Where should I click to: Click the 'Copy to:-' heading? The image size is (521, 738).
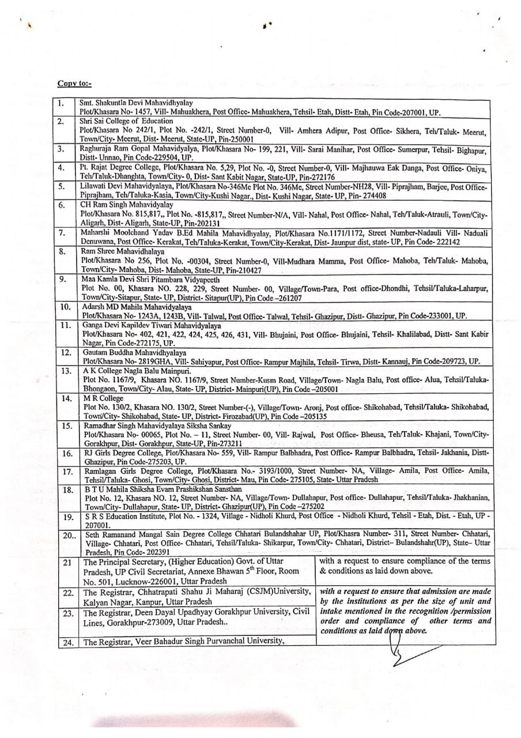click(74, 83)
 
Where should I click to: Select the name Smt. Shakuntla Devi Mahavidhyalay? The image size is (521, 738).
click(135, 103)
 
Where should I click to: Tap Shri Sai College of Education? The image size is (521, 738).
click(126, 121)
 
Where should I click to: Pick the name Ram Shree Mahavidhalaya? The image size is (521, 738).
click(122, 251)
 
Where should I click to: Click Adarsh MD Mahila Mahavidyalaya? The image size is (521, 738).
click(137, 307)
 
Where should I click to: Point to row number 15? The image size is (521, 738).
click(67, 426)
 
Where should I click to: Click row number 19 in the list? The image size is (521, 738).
click(68, 517)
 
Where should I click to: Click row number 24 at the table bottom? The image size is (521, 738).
click(68, 642)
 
